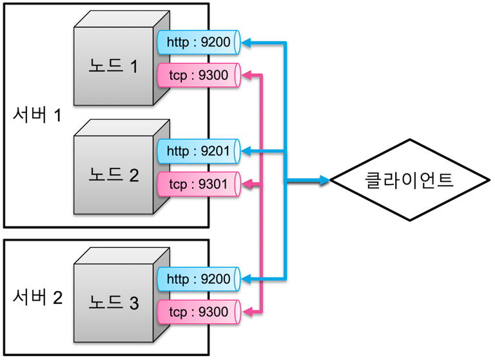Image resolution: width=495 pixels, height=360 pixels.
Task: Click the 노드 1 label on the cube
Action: point(113,66)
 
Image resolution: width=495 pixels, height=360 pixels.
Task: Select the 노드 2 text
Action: point(113,175)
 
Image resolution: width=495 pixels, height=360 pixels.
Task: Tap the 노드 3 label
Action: point(113,303)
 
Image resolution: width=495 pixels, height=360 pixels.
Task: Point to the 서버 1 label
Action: point(37,114)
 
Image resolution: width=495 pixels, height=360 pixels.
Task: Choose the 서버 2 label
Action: point(37,297)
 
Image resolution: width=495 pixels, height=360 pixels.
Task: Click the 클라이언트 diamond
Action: point(410,180)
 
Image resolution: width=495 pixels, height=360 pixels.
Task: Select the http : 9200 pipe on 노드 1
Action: point(199,42)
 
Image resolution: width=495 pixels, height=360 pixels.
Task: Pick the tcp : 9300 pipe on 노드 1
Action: point(199,75)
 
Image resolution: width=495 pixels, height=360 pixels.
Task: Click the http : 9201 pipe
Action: point(199,151)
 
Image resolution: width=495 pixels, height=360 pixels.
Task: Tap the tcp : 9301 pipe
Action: point(199,184)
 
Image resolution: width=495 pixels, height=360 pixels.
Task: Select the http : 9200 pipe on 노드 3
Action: point(199,279)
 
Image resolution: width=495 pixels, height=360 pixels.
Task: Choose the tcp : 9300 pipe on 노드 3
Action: point(199,312)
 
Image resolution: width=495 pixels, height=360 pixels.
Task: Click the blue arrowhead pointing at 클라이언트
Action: point(325,180)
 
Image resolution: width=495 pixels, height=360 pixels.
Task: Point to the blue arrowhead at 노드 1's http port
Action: point(246,43)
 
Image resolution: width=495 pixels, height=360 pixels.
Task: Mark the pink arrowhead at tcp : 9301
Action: point(247,184)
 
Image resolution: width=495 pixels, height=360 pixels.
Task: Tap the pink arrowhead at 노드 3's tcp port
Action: point(247,312)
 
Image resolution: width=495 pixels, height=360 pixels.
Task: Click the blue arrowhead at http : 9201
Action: point(246,151)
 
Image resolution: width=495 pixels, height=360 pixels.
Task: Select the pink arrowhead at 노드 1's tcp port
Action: point(247,75)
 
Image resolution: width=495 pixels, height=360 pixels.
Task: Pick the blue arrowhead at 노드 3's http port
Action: point(246,279)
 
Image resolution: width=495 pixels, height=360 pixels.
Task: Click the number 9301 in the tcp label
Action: point(213,184)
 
